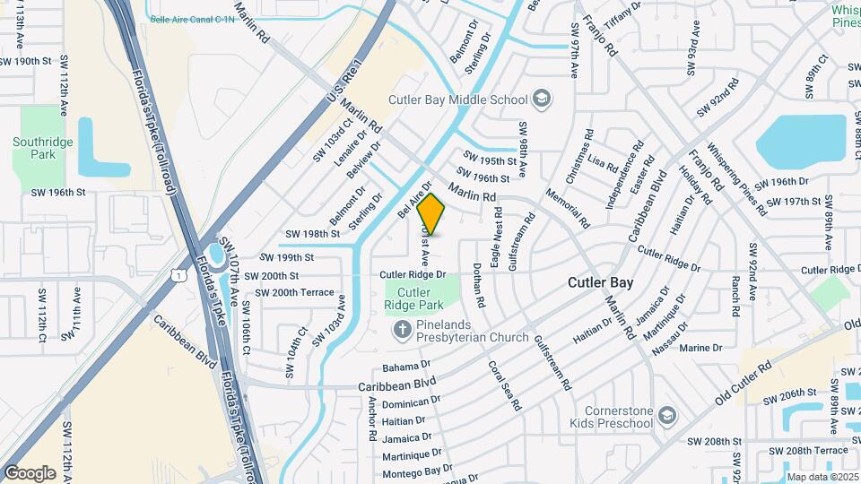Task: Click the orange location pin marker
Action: pos(431,215)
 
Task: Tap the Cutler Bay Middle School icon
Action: pos(541,99)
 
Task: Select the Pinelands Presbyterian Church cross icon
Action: pos(403,330)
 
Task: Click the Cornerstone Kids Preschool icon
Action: pos(666,414)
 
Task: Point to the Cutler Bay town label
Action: pos(600,282)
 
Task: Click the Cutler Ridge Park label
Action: pos(414,298)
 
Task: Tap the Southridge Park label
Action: pos(35,148)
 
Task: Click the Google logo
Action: pos(30,473)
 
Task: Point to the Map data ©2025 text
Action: pos(822,477)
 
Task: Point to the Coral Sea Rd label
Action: pos(505,385)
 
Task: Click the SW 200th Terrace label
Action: pos(294,292)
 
